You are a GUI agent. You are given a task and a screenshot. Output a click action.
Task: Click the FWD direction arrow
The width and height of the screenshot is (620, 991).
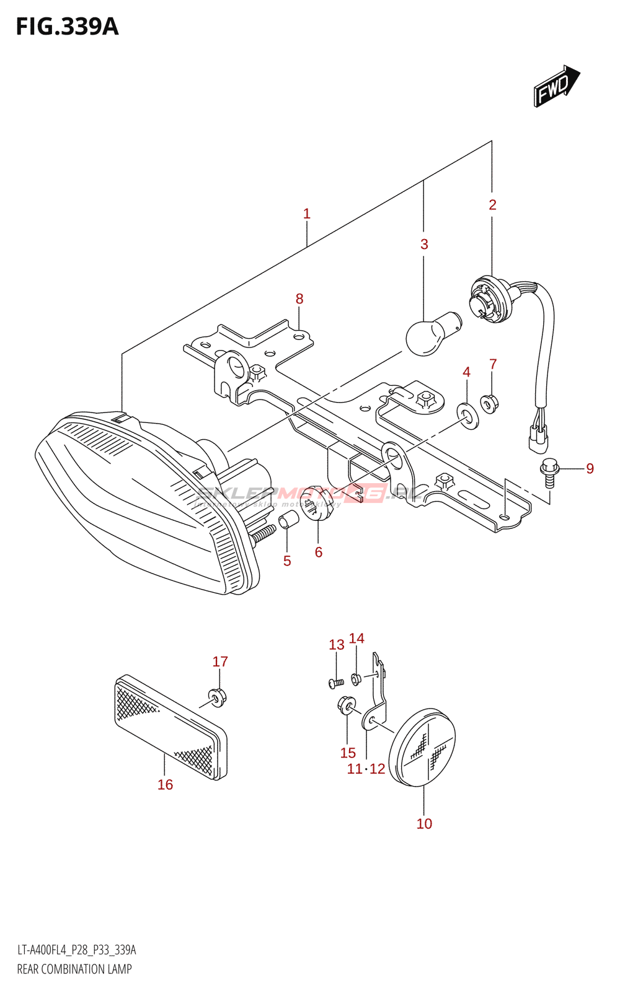coord(556,87)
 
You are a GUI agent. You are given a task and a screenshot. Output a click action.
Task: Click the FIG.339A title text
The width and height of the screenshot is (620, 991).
coord(67,27)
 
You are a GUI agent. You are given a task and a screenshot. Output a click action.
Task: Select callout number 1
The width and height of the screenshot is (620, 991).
coord(306,214)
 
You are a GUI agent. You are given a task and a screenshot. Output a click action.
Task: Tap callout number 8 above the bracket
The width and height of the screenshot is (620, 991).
coord(299,299)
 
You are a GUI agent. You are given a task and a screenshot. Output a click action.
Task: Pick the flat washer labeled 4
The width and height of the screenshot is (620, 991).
coord(467,416)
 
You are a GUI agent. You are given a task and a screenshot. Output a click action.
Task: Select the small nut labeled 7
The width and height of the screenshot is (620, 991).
coord(489,404)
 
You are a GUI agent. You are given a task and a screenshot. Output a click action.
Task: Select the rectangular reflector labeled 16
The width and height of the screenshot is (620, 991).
coord(170,727)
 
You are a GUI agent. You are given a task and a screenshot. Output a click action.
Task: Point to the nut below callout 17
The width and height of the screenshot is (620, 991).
coord(216,697)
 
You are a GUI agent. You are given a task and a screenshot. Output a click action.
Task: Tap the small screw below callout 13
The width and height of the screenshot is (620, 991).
coord(336,683)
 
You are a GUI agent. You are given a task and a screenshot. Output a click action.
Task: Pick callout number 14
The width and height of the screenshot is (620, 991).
coord(356,639)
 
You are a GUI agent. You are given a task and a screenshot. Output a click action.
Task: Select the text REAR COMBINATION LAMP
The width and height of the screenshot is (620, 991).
coord(74,969)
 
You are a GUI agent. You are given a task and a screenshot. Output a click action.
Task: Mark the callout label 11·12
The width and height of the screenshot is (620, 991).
coord(366,769)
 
